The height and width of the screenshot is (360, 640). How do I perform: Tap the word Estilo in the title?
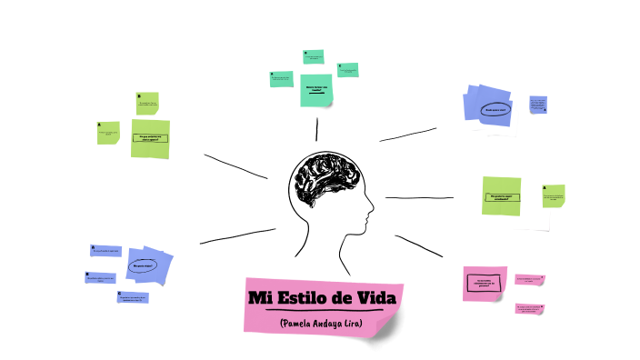(x=306, y=299)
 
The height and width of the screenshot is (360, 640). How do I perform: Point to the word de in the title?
(x=345, y=299)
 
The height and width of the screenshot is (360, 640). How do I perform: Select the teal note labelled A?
(x=281, y=79)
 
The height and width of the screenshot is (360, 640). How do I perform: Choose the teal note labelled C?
(x=346, y=69)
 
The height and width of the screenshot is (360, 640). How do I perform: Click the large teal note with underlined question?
(x=315, y=90)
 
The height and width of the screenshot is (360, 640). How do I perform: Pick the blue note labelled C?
(x=133, y=296)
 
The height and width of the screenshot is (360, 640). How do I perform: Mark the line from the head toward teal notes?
(x=316, y=130)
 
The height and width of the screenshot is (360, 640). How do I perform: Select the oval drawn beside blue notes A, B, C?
(x=143, y=265)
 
